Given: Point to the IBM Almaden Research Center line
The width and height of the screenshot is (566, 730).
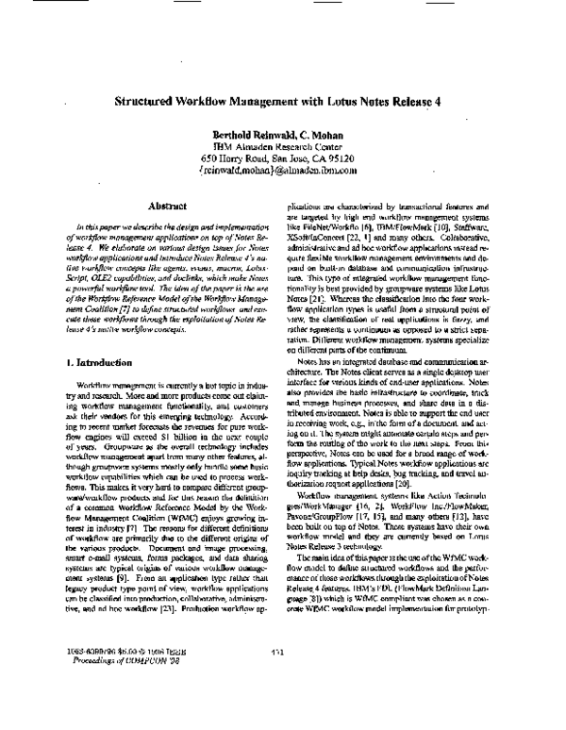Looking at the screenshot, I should pos(282,147).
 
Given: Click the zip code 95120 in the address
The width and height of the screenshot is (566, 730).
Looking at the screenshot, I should pos(358,159).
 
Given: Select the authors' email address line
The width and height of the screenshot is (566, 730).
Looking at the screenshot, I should pos(282,172).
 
